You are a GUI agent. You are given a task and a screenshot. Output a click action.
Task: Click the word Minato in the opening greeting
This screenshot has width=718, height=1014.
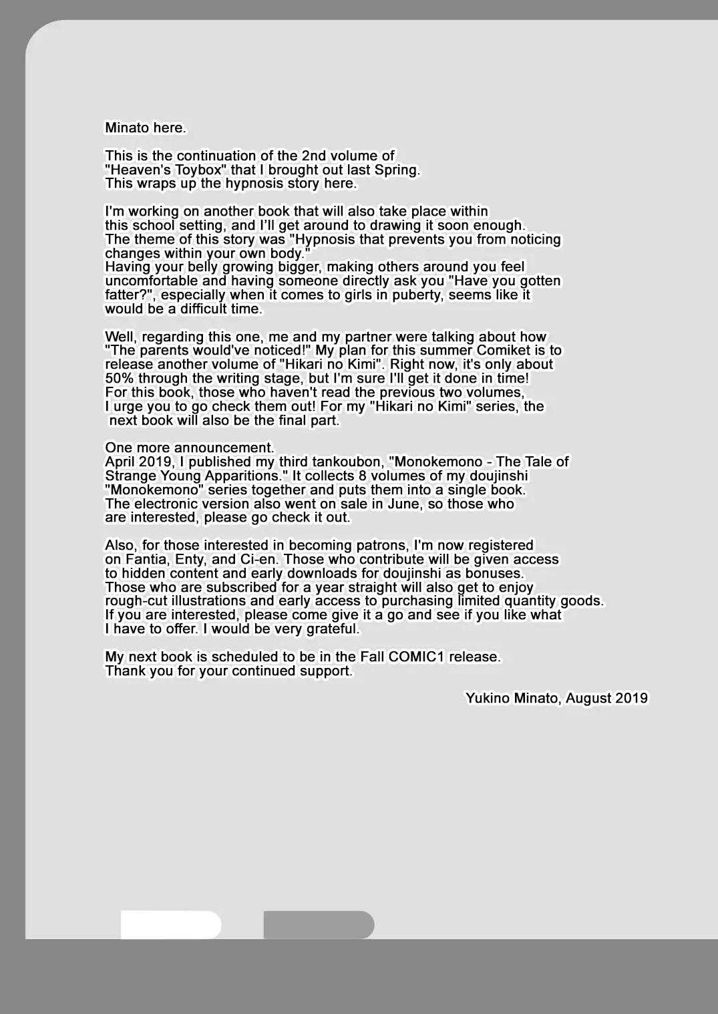point(127,128)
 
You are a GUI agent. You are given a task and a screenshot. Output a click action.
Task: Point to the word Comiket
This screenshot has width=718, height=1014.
point(511,351)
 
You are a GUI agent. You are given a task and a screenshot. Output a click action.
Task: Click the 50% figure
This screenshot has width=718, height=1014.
point(120,378)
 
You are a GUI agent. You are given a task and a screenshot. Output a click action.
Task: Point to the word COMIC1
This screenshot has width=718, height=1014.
point(416,657)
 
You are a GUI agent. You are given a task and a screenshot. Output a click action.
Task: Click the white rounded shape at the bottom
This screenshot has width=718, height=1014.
point(170,925)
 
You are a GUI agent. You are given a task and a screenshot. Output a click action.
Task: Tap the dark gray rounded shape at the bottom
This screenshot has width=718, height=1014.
point(319,925)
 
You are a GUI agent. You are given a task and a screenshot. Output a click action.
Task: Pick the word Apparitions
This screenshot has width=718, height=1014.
point(240,476)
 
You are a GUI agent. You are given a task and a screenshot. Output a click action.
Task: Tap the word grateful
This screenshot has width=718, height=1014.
point(332,629)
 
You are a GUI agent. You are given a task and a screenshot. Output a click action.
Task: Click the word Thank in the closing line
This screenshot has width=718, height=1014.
point(125,671)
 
